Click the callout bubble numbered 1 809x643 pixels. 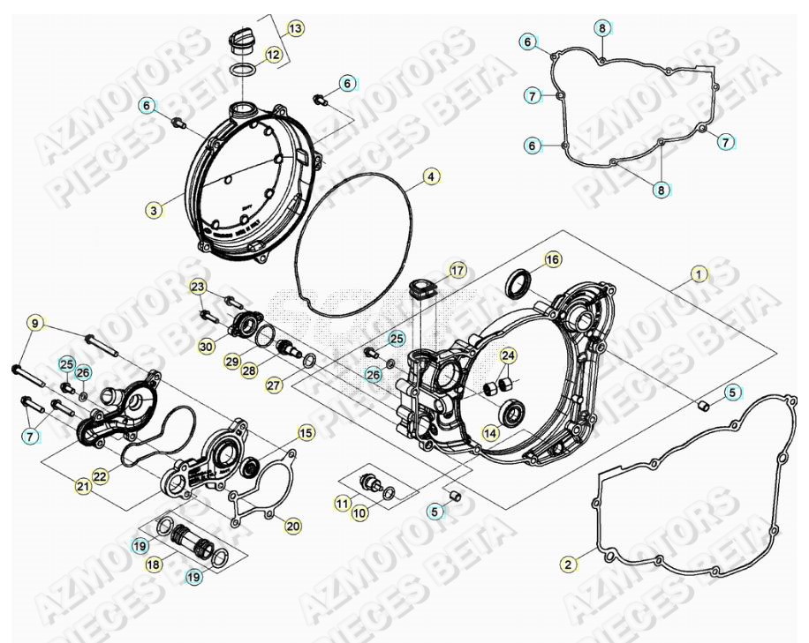click(x=699, y=274)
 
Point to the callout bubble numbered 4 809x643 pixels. click(x=428, y=176)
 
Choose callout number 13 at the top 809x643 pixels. click(x=294, y=29)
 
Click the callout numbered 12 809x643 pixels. click(x=273, y=55)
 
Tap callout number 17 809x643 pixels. click(x=457, y=269)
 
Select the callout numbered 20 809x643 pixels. click(x=292, y=527)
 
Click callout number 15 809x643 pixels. click(x=305, y=433)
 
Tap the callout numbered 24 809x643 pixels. click(x=507, y=355)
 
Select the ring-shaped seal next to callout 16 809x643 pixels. click(x=519, y=282)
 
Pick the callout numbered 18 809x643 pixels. click(x=154, y=564)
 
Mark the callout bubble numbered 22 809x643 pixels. click(x=100, y=476)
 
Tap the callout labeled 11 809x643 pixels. click(x=341, y=504)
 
